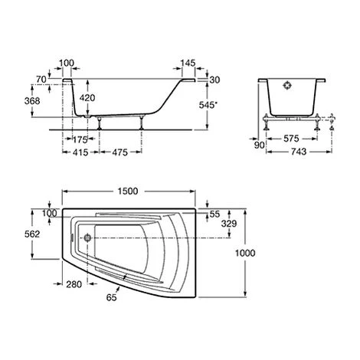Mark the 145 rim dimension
pos(187,61)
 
